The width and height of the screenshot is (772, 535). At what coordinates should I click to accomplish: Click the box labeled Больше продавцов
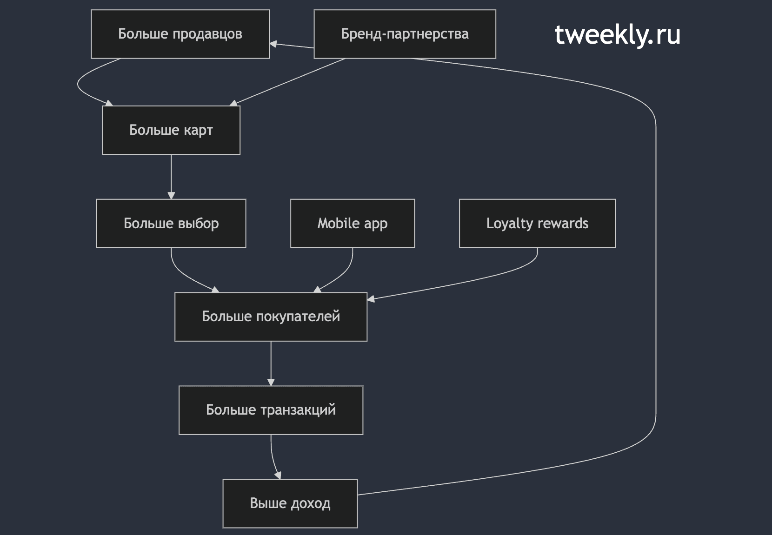pyautogui.click(x=180, y=34)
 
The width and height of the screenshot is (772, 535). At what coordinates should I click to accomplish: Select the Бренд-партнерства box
pyautogui.click(x=405, y=34)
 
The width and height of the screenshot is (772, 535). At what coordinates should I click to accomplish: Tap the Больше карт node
pyautogui.click(x=171, y=130)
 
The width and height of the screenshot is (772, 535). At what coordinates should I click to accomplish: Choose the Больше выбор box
pyautogui.click(x=171, y=224)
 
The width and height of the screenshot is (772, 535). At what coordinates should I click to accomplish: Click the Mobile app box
pyautogui.click(x=353, y=224)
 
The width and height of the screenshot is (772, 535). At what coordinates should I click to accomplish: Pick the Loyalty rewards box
pyautogui.click(x=537, y=224)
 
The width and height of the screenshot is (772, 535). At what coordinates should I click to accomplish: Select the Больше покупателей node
pyautogui.click(x=271, y=317)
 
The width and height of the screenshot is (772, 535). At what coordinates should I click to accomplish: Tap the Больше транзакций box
pyautogui.click(x=271, y=410)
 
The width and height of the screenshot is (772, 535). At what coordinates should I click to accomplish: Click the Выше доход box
pyautogui.click(x=290, y=504)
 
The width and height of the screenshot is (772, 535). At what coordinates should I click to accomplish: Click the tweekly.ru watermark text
pyautogui.click(x=617, y=35)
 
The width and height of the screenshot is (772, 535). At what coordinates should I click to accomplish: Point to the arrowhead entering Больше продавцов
pyautogui.click(x=273, y=44)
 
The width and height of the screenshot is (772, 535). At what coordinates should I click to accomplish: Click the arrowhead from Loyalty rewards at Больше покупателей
pyautogui.click(x=371, y=299)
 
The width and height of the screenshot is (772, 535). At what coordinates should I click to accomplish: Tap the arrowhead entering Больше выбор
pyautogui.click(x=171, y=196)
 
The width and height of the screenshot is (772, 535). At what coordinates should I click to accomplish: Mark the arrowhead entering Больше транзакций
pyautogui.click(x=271, y=383)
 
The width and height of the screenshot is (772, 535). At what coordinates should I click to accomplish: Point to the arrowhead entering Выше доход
pyautogui.click(x=278, y=476)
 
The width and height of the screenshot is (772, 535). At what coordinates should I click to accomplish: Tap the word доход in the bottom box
pyautogui.click(x=311, y=504)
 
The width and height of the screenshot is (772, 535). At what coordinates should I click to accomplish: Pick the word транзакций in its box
pyautogui.click(x=298, y=410)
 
